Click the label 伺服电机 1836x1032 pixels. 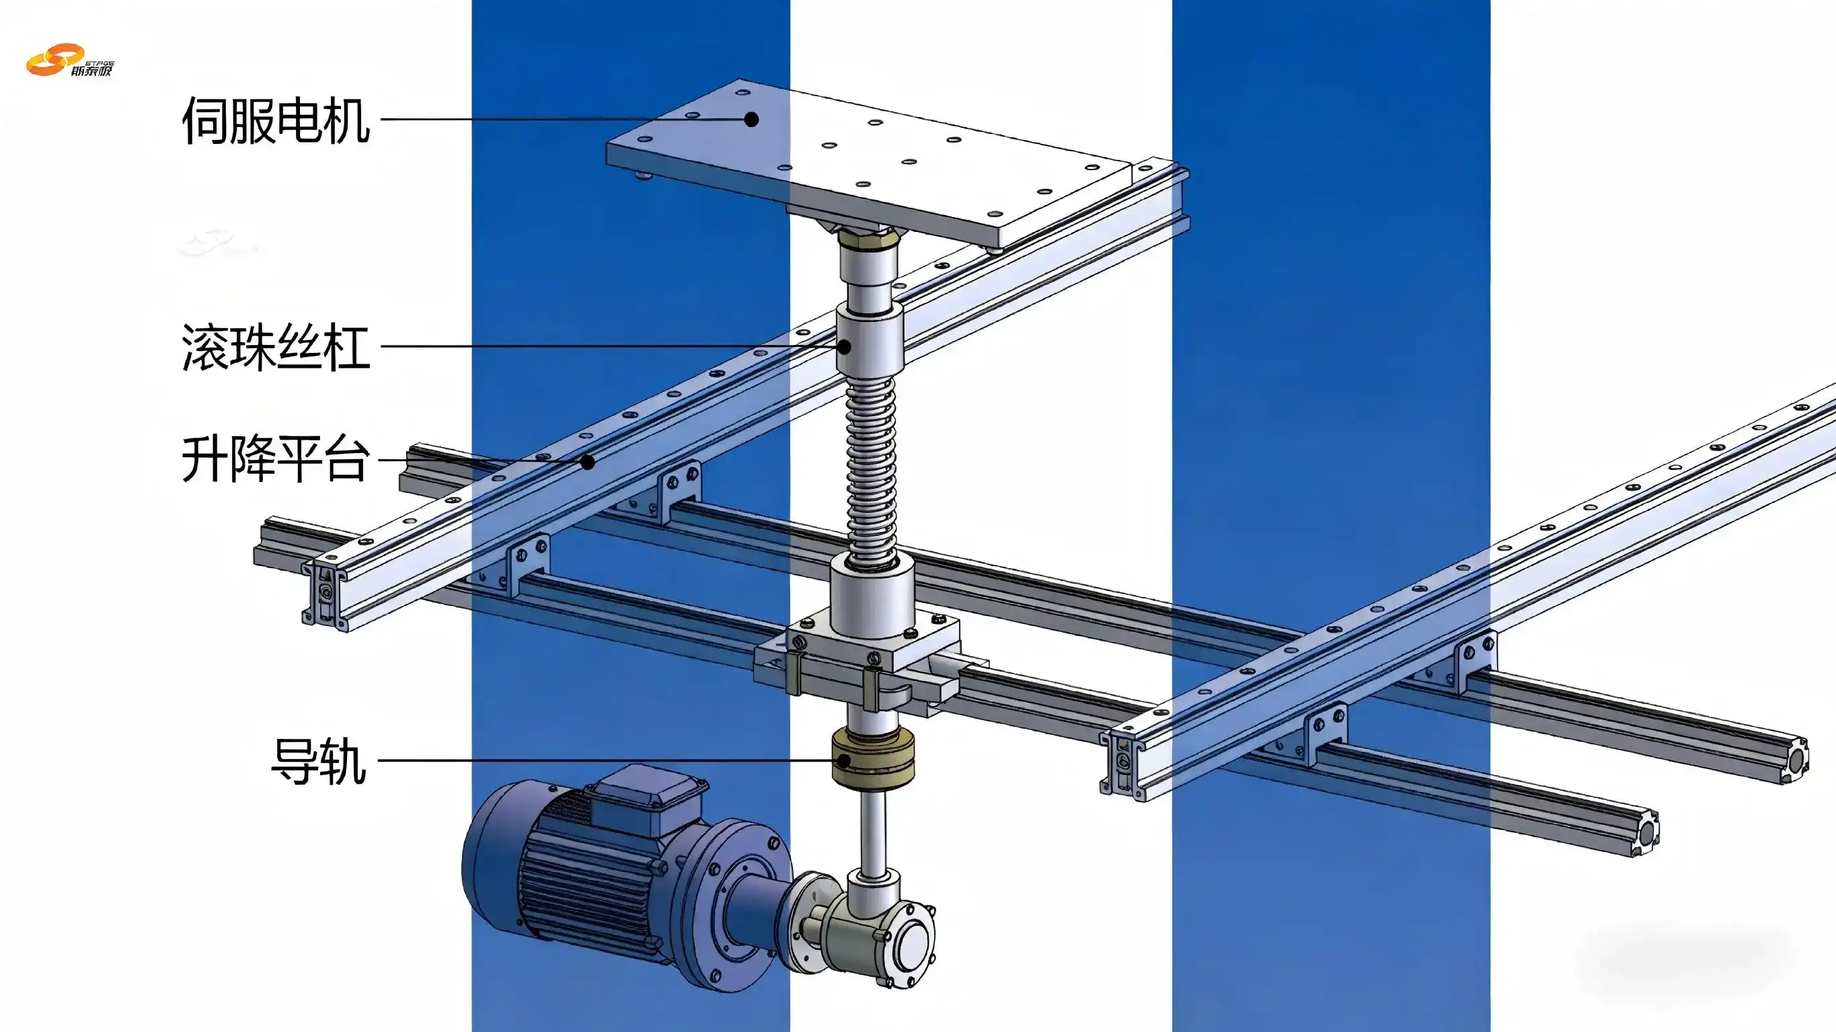pyautogui.click(x=276, y=120)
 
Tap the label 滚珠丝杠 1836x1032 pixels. pyautogui.click(x=276, y=347)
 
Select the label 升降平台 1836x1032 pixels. pyautogui.click(x=276, y=460)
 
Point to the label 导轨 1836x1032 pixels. pyautogui.click(x=319, y=761)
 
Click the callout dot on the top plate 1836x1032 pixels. pyautogui.click(x=751, y=120)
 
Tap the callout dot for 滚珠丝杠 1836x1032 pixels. pyautogui.click(x=844, y=347)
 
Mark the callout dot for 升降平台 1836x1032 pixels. pyautogui.click(x=587, y=463)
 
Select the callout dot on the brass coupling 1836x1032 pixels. pyautogui.click(x=843, y=761)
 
